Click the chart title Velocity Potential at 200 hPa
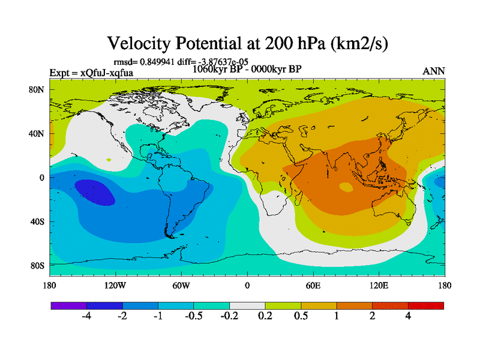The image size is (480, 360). pos(251,43)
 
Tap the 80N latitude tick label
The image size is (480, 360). pos(39,89)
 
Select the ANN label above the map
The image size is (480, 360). pos(434,71)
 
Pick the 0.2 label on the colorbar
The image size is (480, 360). pos(265,317)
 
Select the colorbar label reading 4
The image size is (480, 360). pos(408,317)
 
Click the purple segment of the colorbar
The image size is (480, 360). pos(68,305)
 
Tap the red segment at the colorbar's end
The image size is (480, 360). pos(426,305)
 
